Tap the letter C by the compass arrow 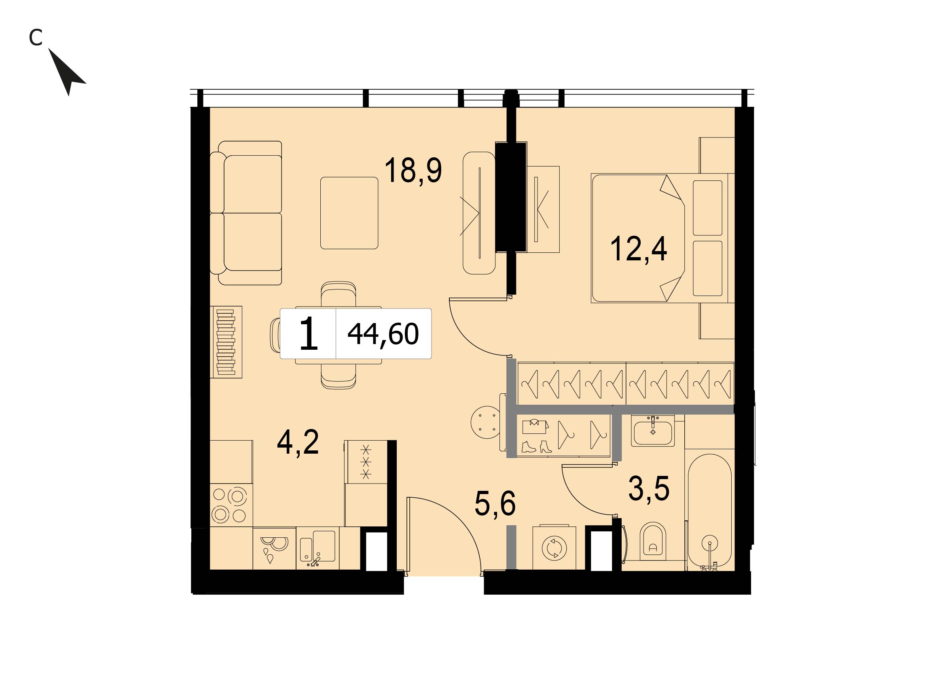pyautogui.click(x=36, y=38)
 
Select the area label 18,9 pyautogui.click(x=413, y=171)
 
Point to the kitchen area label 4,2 pyautogui.click(x=298, y=442)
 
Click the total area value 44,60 pyautogui.click(x=383, y=334)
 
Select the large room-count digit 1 pyautogui.click(x=309, y=334)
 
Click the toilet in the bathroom pyautogui.click(x=653, y=542)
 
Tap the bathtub pyautogui.click(x=709, y=511)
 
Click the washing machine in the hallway pyautogui.click(x=554, y=548)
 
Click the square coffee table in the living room pyautogui.click(x=349, y=213)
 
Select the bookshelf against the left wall pyautogui.click(x=226, y=342)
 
